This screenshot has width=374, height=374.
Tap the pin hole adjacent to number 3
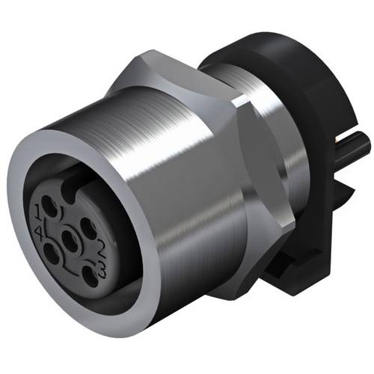point(89,275)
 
